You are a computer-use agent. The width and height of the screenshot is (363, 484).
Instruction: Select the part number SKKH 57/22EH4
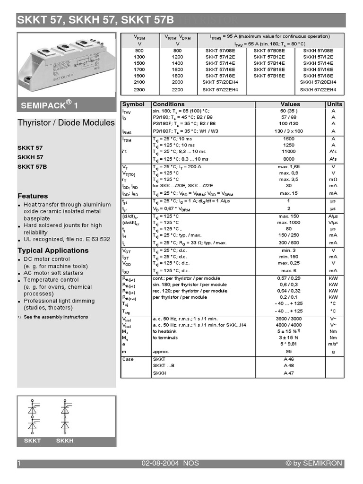(318, 89)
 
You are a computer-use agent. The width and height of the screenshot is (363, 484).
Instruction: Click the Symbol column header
(133, 104)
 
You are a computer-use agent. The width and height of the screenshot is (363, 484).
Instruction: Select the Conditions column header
(169, 104)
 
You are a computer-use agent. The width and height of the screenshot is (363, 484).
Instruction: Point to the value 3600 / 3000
(290, 319)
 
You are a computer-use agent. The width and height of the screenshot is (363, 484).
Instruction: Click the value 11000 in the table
(290, 153)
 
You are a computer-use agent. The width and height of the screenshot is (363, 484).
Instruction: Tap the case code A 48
(289, 365)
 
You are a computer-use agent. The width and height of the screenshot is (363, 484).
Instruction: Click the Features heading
(33, 196)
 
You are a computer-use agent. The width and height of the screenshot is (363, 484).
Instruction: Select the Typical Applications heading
(53, 251)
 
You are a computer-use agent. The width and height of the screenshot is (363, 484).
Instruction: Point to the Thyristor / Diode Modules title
(66, 123)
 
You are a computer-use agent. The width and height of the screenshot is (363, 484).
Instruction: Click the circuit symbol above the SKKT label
(33, 416)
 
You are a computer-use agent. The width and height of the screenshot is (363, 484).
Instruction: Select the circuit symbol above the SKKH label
(65, 416)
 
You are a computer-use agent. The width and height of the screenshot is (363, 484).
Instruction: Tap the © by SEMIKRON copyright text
(313, 464)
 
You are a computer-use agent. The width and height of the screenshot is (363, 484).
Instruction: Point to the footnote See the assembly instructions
(56, 317)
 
